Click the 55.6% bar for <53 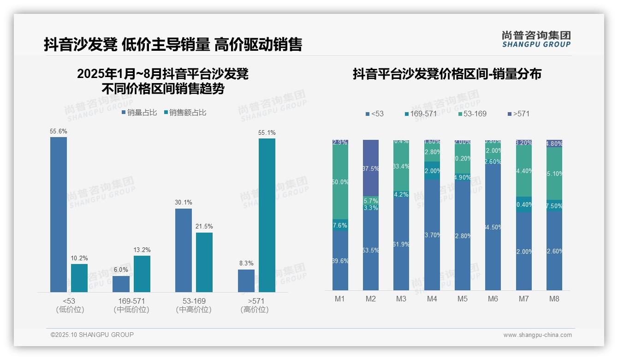pos(59,215)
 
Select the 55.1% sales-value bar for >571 pos(267,215)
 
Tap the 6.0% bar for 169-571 pos(121,284)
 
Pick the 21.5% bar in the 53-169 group pos(204,262)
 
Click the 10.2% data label pos(79,258)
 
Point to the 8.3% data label pos(246,263)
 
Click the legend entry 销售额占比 pos(184,113)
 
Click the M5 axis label pos(462,299)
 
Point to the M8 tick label pos(554,299)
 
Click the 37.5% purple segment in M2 pos(371,168)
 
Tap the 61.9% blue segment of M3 pos(401,244)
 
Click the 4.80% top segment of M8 pos(554,144)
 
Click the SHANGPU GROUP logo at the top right pos(536,39)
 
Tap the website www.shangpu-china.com pos(537,335)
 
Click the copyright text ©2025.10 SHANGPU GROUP pos(92,335)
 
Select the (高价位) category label pos(254,310)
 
